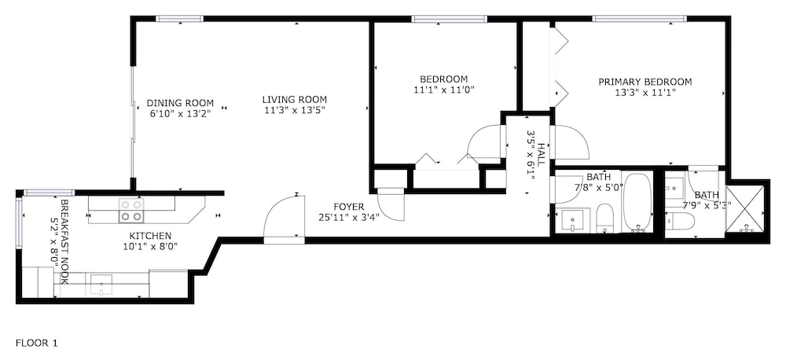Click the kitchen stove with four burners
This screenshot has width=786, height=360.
click(x=131, y=211)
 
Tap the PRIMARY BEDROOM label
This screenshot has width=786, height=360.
click(x=645, y=82)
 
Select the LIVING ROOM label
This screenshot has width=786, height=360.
click(x=295, y=99)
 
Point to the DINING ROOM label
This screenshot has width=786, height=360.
click(x=180, y=103)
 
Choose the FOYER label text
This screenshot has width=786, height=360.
click(x=348, y=207)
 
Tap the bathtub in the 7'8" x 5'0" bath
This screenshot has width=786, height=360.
click(x=637, y=203)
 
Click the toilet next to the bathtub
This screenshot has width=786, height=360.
click(x=605, y=219)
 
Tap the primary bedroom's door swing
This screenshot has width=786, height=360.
click(x=569, y=142)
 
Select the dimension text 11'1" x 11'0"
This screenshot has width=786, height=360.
click(x=443, y=90)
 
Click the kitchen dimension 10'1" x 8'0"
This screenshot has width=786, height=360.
click(x=150, y=246)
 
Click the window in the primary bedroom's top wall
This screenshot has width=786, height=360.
click(x=640, y=19)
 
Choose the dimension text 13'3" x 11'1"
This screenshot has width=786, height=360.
click(x=645, y=93)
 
